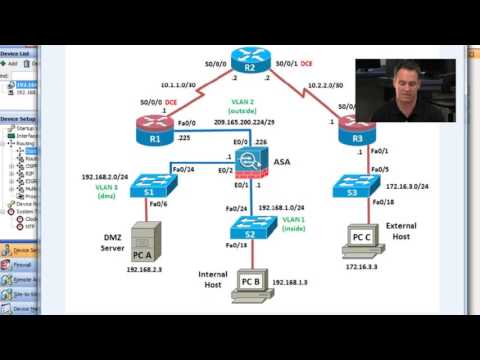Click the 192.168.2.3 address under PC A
146,269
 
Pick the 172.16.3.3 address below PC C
365,268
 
